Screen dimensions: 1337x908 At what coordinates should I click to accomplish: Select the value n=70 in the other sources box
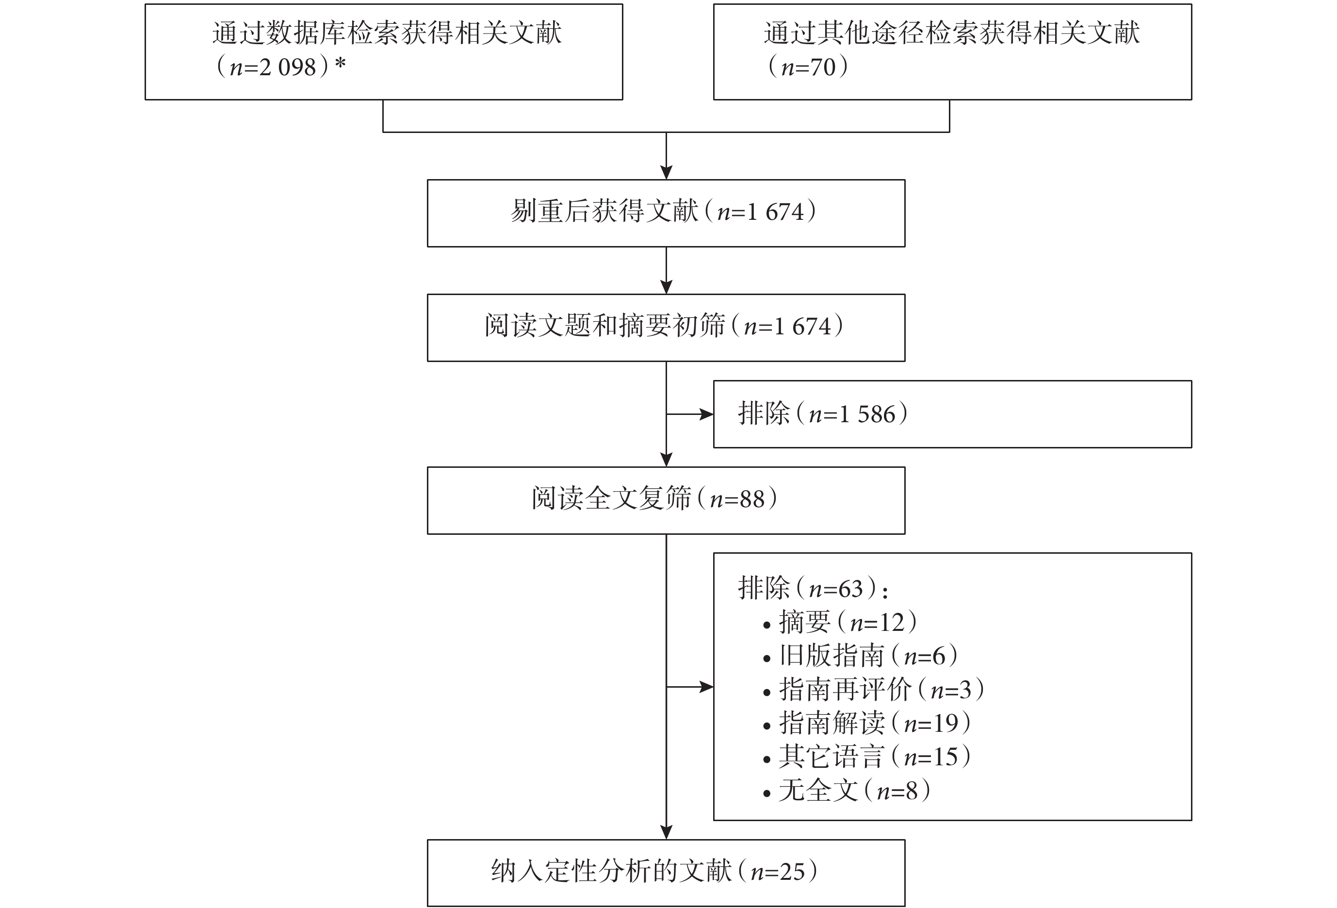pyautogui.click(x=808, y=67)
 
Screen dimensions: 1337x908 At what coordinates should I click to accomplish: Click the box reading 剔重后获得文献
pyautogui.click(x=666, y=214)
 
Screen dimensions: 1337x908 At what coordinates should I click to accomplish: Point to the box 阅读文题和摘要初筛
pyautogui.click(x=666, y=328)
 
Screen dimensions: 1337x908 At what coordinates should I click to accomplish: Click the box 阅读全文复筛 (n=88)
pyautogui.click(x=666, y=501)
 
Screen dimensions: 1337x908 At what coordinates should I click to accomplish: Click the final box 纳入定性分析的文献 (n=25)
pyautogui.click(x=666, y=873)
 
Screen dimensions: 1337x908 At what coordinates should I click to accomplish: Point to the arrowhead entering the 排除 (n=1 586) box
pyautogui.click(x=706, y=414)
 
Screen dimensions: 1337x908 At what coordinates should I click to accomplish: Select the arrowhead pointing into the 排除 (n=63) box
pyautogui.click(x=706, y=687)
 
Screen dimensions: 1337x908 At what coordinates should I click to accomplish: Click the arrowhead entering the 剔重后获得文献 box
pyautogui.click(x=666, y=173)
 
